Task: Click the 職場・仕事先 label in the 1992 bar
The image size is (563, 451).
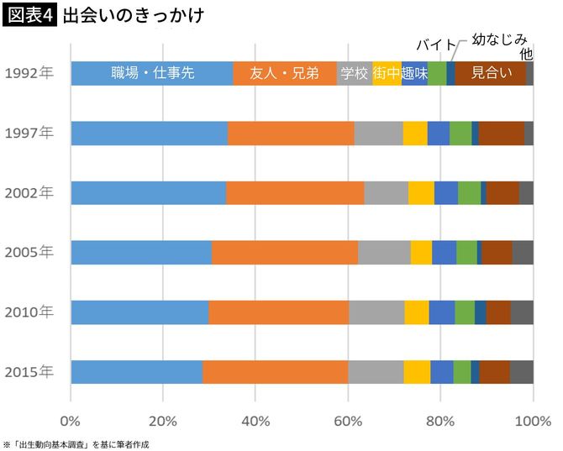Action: click(x=153, y=73)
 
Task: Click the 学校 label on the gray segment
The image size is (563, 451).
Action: click(x=355, y=73)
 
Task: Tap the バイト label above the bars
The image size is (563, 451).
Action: click(x=437, y=45)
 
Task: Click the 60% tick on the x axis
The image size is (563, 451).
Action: click(x=348, y=420)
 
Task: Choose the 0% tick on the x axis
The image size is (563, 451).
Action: click(x=71, y=420)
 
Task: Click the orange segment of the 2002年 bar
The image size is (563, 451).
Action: click(x=295, y=192)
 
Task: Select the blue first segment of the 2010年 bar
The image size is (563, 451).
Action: click(x=139, y=312)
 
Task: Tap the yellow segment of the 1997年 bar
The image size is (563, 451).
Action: click(x=415, y=133)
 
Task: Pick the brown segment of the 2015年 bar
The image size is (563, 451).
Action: click(x=494, y=371)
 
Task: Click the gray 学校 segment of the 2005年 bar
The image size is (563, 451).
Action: click(x=384, y=252)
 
